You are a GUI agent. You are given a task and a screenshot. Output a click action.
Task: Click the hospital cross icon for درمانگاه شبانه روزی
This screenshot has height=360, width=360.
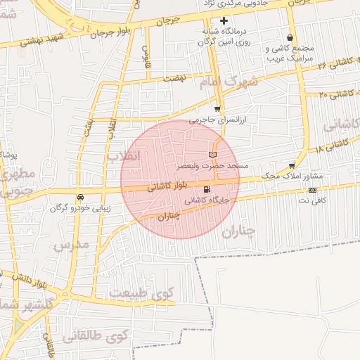point(224,20)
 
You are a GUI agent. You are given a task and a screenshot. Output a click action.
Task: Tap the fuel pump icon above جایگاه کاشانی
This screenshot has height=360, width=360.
point(206,189)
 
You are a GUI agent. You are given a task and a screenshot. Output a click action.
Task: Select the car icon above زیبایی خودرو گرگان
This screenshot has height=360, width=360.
point(79,198)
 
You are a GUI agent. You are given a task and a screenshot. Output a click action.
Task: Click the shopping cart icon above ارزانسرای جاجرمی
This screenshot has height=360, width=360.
point(217,109)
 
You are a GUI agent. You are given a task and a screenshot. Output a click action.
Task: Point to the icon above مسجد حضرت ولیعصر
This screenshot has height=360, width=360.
point(214,154)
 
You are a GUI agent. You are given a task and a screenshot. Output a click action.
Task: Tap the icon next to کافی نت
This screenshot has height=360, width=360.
point(312,190)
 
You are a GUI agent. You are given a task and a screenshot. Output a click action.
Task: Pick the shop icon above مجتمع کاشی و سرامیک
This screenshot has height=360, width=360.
point(290,38)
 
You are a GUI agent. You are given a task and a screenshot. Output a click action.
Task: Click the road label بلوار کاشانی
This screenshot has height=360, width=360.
point(169,186)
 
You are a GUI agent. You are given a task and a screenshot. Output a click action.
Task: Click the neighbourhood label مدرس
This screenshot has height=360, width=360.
point(70,244)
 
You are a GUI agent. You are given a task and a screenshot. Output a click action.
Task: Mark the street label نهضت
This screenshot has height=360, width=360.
point(174,79)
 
